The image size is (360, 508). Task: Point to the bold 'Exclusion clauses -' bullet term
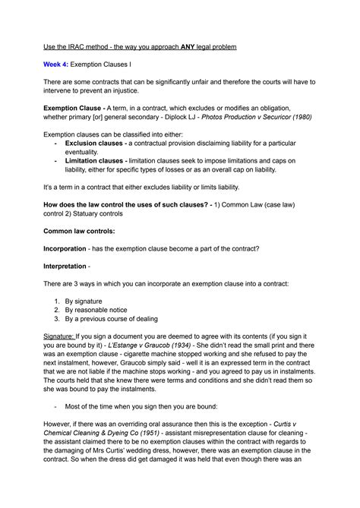(96, 143)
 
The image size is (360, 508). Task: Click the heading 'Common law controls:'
(79, 231)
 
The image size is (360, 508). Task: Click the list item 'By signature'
(88, 301)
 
